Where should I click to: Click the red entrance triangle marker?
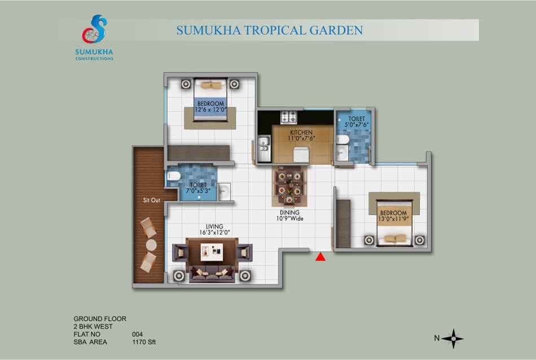(x=320, y=257)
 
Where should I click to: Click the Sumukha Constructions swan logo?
(x=94, y=29)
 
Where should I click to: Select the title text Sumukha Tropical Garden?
(x=269, y=30)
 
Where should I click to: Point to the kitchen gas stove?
(x=289, y=117)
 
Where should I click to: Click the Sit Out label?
(x=151, y=200)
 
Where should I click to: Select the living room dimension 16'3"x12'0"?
(x=214, y=232)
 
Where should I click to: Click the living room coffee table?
(x=212, y=252)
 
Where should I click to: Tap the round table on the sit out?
(x=151, y=245)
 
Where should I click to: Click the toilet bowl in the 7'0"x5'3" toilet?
(x=174, y=176)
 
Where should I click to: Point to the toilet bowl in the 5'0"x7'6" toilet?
(x=343, y=139)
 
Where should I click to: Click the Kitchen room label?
(x=301, y=132)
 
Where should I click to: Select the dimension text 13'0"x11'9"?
(x=393, y=219)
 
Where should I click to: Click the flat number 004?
(x=138, y=334)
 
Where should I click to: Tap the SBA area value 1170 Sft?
(x=144, y=342)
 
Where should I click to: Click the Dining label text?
(x=289, y=212)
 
